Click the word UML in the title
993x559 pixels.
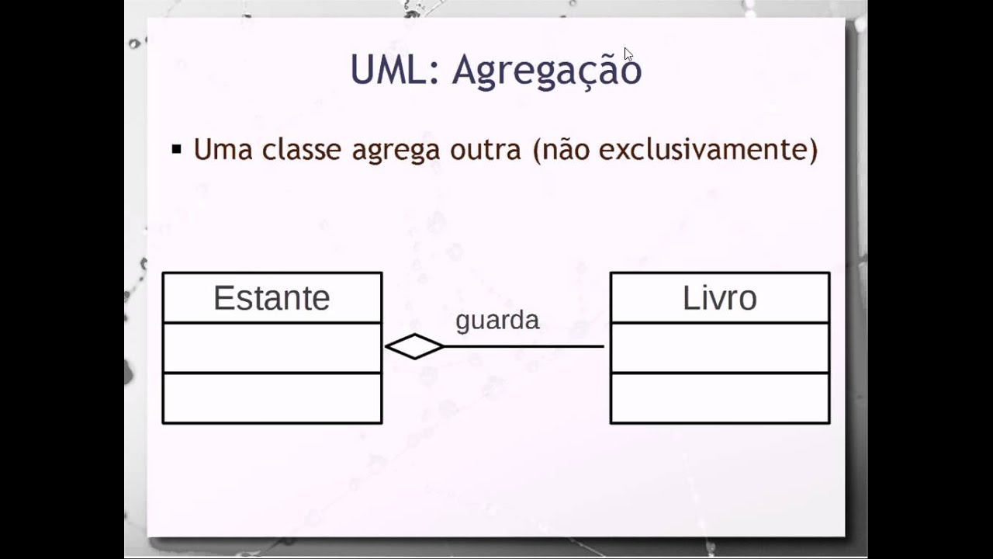coord(388,70)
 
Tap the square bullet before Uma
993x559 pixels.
coord(177,149)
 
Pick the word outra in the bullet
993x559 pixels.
coord(485,149)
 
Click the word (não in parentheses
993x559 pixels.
coord(562,149)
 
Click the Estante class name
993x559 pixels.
coord(272,298)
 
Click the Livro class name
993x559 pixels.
coord(719,298)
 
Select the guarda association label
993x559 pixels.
coord(497,321)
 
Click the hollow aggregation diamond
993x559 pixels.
coord(414,346)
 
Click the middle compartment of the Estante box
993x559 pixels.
coord(272,348)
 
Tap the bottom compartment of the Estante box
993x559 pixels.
coord(272,398)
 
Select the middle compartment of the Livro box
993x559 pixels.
coord(719,348)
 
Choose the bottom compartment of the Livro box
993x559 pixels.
coord(719,398)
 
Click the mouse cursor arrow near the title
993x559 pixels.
coord(628,54)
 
